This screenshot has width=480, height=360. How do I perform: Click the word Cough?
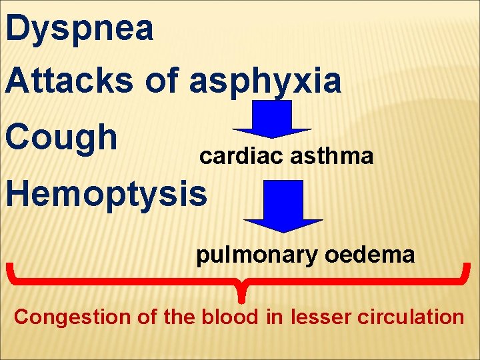click(x=61, y=138)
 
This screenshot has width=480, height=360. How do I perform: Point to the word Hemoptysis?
click(x=106, y=194)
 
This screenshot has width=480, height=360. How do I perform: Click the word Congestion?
click(x=73, y=317)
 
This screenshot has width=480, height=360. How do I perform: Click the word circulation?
click(x=411, y=317)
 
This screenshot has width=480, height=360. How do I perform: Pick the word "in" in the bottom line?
click(x=274, y=317)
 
